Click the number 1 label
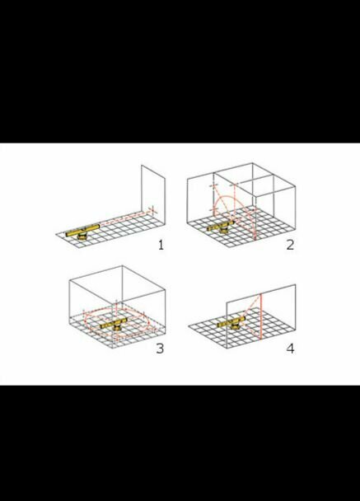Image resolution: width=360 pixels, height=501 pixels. click(161, 245)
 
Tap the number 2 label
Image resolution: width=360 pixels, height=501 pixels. click(290, 245)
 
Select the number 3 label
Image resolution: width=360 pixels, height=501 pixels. click(160, 349)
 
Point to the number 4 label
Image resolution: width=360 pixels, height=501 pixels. click(290, 349)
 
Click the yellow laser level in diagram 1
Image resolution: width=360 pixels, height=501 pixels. click(82, 231)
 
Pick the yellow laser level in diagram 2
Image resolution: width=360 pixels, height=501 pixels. click(221, 226)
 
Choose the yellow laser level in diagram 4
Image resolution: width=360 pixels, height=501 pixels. click(232, 322)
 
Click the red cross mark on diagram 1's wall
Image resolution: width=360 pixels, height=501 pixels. click(152, 210)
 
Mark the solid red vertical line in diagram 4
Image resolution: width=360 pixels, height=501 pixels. click(261, 316)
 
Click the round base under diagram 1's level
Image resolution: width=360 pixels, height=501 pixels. click(83, 236)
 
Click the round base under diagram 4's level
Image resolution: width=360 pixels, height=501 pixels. click(236, 326)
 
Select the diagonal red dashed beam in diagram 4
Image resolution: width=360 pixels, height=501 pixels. click(252, 306)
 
